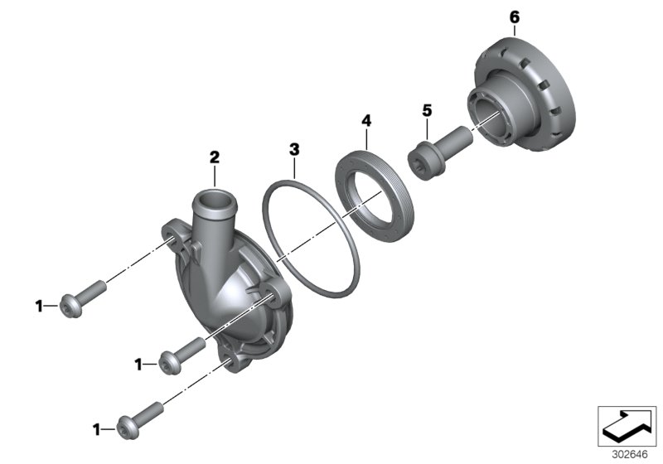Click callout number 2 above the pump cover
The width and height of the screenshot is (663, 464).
pos(214,157)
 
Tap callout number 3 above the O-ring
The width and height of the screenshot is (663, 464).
pos(293,149)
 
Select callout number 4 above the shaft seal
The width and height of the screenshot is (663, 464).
pos(365,121)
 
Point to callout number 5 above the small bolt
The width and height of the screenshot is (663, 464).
pos(427,109)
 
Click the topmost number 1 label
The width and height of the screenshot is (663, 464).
pos(39,307)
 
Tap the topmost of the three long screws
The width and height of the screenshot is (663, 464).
pos(84,297)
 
